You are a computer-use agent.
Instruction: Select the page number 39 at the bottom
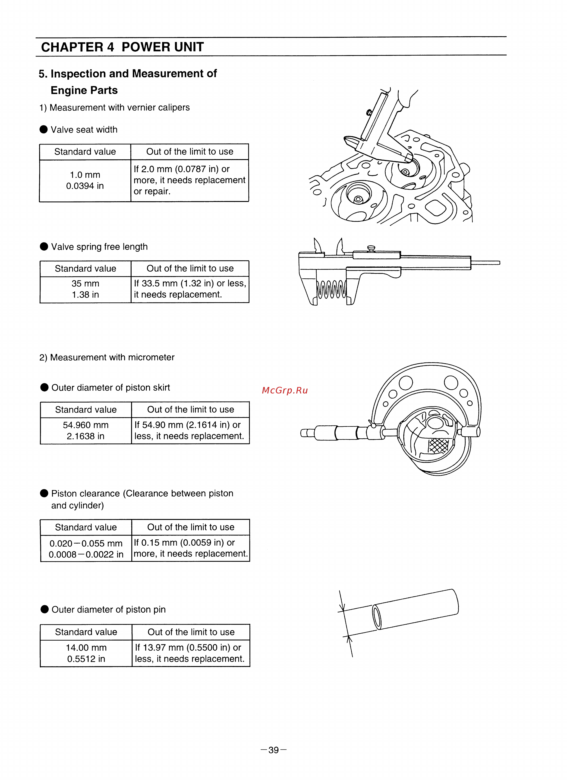[274, 750]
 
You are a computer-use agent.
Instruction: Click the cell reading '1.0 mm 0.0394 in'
[85, 181]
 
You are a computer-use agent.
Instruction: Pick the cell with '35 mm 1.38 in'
[85, 289]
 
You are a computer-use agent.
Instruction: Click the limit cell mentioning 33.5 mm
[190, 289]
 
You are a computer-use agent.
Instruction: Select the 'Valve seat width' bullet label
[84, 130]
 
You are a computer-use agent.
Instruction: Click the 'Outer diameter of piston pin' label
[108, 609]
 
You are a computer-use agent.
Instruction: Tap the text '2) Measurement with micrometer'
[107, 357]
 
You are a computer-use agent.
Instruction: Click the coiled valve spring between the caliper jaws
[331, 289]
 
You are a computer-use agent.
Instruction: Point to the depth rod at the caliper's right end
[485, 263]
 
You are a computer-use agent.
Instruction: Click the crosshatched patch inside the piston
[438, 446]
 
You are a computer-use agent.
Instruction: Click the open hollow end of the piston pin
[377, 617]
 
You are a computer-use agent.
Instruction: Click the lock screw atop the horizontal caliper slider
[371, 248]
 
